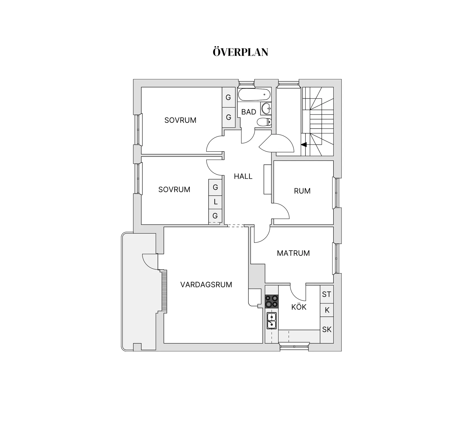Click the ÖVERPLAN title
tap(240, 52)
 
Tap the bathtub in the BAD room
tap(254, 95)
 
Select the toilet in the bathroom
tap(264, 122)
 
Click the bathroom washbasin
tap(266, 108)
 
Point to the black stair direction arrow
tap(304, 145)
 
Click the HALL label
tap(243, 176)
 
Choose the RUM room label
tap(302, 191)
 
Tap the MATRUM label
tap(293, 253)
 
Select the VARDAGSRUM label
tap(206, 285)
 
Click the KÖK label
tap(299, 307)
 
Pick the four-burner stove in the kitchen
tap(272, 301)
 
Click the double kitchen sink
tap(272, 321)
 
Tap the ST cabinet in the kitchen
tap(326, 294)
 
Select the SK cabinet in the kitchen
tap(327, 329)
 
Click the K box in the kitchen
tap(327, 310)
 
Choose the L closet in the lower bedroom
tap(215, 202)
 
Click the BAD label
tap(249, 112)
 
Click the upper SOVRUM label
tap(180, 120)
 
